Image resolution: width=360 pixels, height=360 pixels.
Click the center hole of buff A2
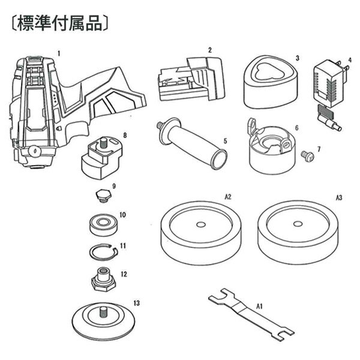tap(199, 226)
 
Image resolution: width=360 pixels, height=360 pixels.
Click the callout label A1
tap(260, 306)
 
